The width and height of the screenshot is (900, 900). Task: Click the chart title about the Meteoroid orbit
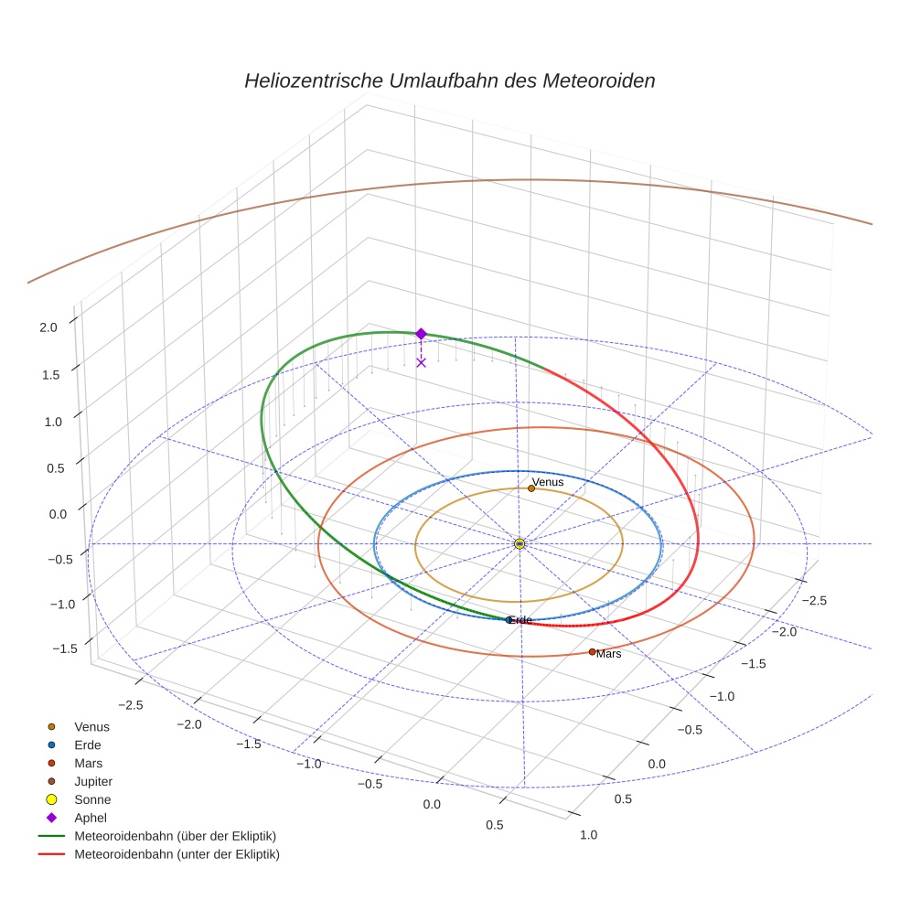pyautogui.click(x=449, y=80)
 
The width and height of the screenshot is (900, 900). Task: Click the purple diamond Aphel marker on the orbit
pyautogui.click(x=421, y=334)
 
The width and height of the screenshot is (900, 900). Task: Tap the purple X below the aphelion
pyautogui.click(x=421, y=362)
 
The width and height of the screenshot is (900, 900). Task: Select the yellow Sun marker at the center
pyautogui.click(x=520, y=544)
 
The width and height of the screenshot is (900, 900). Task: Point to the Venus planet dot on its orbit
pyautogui.click(x=531, y=488)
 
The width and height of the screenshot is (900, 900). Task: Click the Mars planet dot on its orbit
pyautogui.click(x=592, y=651)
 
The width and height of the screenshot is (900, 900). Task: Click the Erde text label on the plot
pyautogui.click(x=521, y=620)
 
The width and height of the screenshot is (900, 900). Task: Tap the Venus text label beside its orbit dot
pyautogui.click(x=548, y=481)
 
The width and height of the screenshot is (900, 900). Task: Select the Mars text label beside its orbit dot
pyautogui.click(x=609, y=654)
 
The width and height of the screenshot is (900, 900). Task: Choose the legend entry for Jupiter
pyautogui.click(x=93, y=781)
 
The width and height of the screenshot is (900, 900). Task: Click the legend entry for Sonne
pyautogui.click(x=92, y=799)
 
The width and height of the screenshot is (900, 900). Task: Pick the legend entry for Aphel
pyautogui.click(x=91, y=818)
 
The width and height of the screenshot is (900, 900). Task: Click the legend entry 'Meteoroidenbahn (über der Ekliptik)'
pyautogui.click(x=175, y=836)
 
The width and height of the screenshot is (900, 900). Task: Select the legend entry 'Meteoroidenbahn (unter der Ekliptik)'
pyautogui.click(x=177, y=854)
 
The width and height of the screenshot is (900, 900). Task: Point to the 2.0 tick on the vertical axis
pyautogui.click(x=48, y=327)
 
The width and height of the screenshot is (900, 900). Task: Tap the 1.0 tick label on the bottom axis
pyautogui.click(x=589, y=834)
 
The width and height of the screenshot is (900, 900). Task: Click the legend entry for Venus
pyautogui.click(x=91, y=726)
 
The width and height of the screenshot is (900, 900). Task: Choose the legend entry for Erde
pyautogui.click(x=88, y=745)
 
